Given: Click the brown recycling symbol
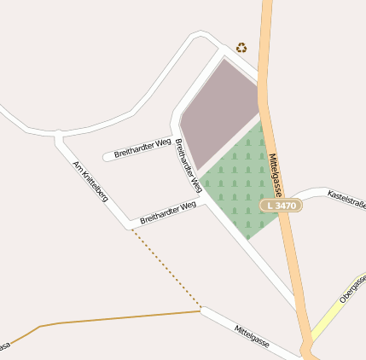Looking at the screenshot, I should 241,48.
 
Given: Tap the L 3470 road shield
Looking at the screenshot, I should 280,206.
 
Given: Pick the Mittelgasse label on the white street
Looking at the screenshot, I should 251,335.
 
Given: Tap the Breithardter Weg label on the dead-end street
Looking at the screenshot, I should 142,147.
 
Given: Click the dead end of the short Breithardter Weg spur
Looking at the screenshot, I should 107,157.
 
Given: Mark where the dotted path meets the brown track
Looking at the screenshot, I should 201,309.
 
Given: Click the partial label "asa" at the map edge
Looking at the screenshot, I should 4,345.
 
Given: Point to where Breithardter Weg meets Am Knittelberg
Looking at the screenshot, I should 131,226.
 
